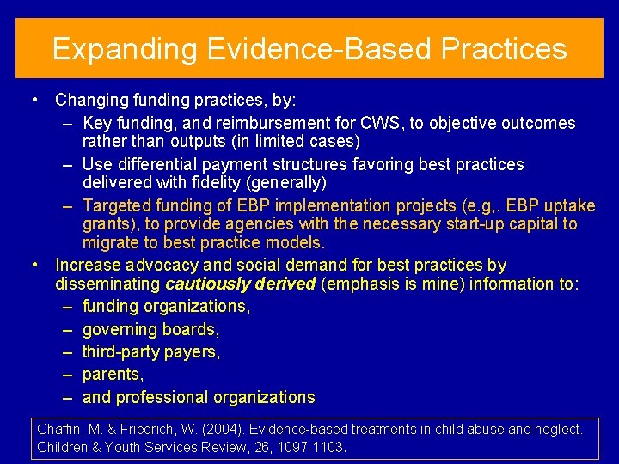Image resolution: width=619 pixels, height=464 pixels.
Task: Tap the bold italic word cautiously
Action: point(205,284)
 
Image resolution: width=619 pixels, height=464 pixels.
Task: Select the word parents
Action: point(112,375)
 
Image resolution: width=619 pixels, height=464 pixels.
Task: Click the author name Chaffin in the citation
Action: point(59,428)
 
